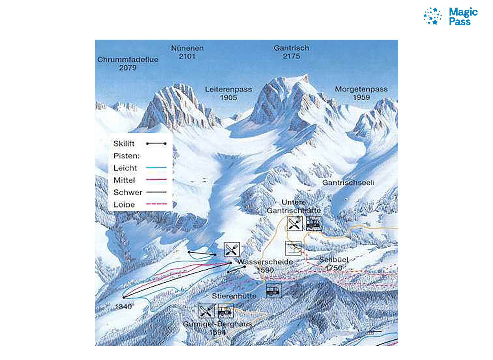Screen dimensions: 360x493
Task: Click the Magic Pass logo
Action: (x=451, y=16)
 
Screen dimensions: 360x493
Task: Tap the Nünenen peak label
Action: (x=187, y=52)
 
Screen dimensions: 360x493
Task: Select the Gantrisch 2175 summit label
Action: (x=291, y=52)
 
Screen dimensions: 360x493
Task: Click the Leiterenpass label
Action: (x=228, y=89)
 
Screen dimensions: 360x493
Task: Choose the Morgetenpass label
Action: (x=361, y=89)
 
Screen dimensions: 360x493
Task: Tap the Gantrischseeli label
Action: (x=348, y=183)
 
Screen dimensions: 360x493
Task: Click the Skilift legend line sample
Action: (x=156, y=144)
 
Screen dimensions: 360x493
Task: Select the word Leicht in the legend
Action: (x=125, y=168)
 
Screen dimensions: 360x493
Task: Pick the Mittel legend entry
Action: (x=124, y=180)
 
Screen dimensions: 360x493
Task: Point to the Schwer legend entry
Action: (x=128, y=193)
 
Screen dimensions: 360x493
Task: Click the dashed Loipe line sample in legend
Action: (x=156, y=204)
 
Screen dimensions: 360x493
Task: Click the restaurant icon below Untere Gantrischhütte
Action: (x=295, y=224)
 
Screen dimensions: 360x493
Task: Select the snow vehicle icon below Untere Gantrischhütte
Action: (x=314, y=224)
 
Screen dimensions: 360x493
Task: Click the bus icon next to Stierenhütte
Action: (x=274, y=290)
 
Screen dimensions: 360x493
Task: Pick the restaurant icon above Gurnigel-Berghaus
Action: (x=206, y=311)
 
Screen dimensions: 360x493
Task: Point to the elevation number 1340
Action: (x=123, y=307)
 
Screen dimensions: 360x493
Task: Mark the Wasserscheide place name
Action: (x=265, y=262)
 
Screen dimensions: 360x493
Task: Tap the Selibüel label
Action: (x=334, y=260)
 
